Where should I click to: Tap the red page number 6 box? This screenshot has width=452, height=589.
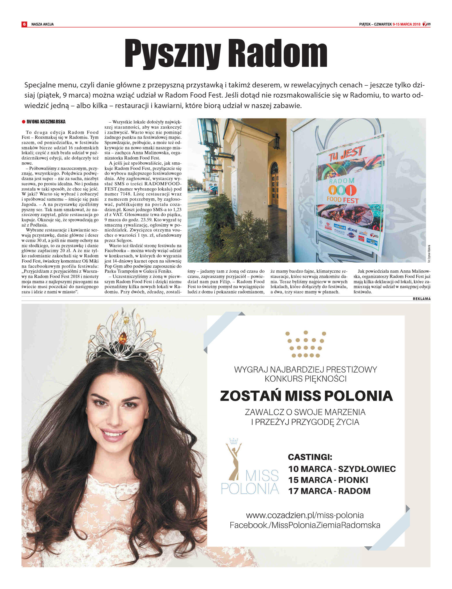point(24,24)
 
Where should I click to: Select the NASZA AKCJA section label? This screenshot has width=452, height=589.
point(42,24)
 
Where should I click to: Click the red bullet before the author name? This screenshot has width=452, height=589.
point(23,122)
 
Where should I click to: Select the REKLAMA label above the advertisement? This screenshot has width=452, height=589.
point(421,299)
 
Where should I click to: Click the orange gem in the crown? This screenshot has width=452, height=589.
point(123,338)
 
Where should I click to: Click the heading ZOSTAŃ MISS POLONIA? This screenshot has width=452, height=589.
point(306,396)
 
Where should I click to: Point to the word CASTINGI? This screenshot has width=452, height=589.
point(310,457)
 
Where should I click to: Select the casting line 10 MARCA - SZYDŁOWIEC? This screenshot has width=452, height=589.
point(342,469)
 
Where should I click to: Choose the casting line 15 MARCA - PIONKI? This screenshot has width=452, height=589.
point(328,480)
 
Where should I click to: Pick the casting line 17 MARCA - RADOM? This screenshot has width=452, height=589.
point(329,491)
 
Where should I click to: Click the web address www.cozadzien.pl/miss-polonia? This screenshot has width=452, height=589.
point(305,515)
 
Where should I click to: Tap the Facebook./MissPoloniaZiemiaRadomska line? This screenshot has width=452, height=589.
point(305,525)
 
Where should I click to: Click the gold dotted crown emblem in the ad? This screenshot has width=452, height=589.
point(305,344)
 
